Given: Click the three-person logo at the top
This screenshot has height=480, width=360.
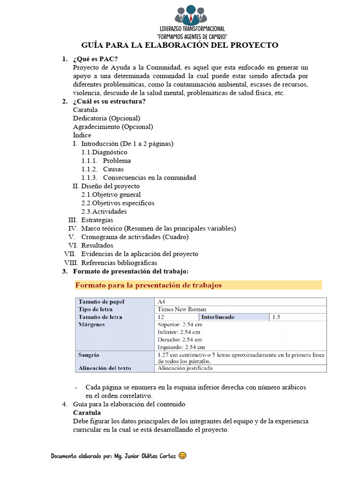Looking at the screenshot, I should point(191,15).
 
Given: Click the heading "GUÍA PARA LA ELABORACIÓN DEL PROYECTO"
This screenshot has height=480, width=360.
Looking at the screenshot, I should point(180,45).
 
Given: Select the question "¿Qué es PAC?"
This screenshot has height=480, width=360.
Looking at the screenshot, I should point(95,59).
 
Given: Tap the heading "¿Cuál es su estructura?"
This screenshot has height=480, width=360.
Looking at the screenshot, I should point(109,102).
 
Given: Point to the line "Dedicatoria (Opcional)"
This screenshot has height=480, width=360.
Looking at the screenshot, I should point(106,118).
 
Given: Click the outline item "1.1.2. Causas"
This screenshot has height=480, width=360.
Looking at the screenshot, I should point(103,169).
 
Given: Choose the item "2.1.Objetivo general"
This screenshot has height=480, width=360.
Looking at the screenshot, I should point(111,195).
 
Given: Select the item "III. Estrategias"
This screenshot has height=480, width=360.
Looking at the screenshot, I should point(91,220).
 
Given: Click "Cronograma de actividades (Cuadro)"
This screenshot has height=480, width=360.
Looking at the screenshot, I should point(135,237).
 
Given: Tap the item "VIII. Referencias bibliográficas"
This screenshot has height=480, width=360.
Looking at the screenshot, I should point(112,262).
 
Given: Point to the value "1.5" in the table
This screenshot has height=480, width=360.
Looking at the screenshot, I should point(276,317).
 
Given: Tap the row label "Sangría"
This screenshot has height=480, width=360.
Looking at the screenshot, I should point(89,355).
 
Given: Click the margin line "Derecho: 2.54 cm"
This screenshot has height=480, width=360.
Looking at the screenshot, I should point(180,339).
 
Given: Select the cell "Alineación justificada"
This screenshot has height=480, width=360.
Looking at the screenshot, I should point(185,368).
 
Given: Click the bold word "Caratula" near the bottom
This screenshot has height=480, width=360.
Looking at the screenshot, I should point(87,412).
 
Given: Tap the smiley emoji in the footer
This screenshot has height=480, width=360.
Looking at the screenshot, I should point(183,455).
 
